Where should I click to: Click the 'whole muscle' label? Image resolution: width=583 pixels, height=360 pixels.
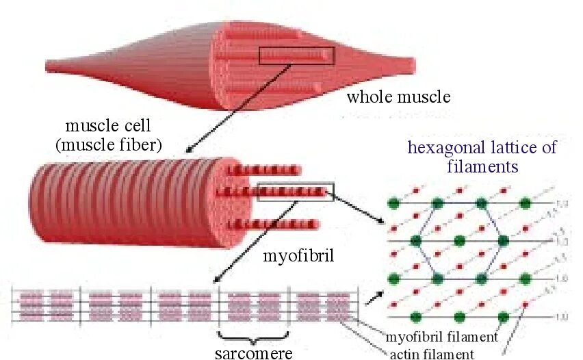pos(398,97)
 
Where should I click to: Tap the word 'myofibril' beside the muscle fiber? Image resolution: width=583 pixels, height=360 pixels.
pos(294,257)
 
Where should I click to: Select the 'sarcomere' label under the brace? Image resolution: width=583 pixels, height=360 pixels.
pos(253,353)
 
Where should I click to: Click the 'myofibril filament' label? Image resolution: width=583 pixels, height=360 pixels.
pos(441,337)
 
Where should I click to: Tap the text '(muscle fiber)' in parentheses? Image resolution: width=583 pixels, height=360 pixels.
pos(108,144)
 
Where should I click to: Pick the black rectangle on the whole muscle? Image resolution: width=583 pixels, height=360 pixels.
pos(296,56)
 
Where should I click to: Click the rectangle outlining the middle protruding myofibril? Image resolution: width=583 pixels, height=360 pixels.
pos(296,192)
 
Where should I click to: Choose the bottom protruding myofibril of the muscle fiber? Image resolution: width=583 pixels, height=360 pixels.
pos(274,223)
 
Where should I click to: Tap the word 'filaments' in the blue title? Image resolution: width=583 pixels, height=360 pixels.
pos(482,166)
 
